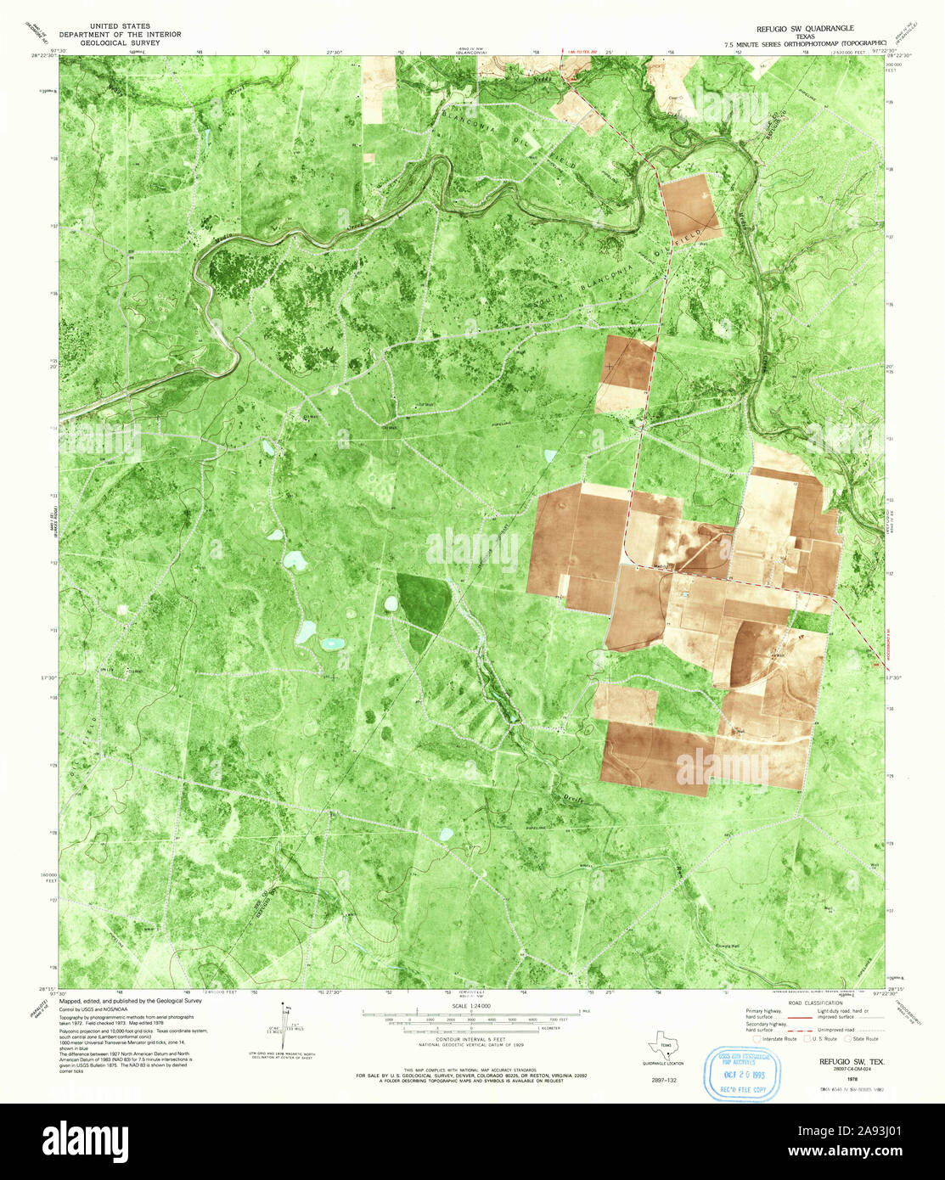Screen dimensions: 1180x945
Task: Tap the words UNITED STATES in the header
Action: click(x=124, y=26)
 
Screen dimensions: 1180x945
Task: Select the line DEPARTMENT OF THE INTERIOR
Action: click(x=124, y=35)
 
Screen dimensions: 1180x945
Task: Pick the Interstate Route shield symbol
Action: click(x=756, y=1037)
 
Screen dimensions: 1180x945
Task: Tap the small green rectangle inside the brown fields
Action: click(x=809, y=621)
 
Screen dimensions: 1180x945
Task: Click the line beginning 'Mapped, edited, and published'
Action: click(x=131, y=1002)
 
